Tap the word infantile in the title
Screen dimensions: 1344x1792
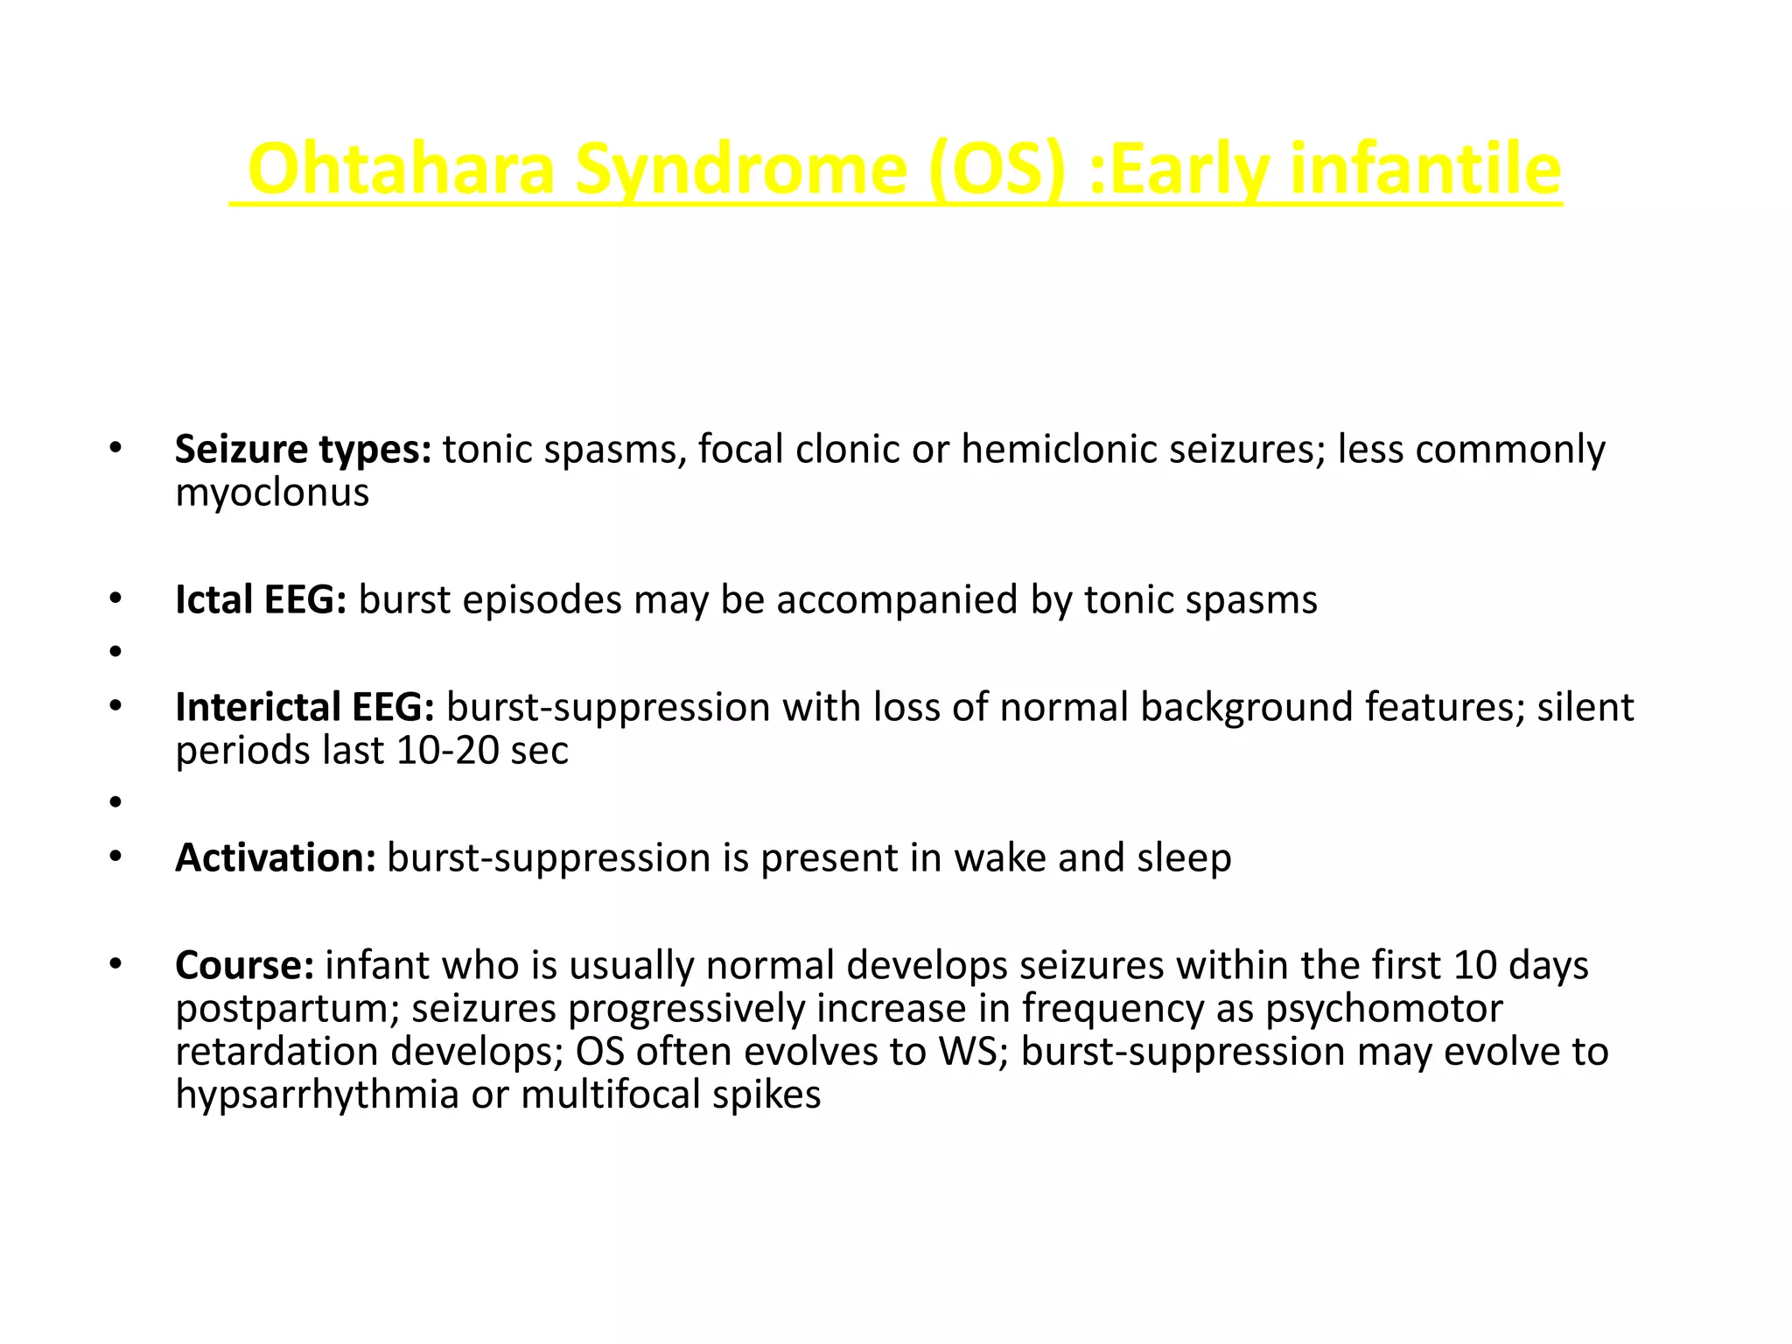(x=1425, y=169)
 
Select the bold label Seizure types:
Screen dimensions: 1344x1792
(x=303, y=450)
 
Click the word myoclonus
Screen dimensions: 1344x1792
(x=272, y=493)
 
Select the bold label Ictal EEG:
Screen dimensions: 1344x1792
(x=261, y=600)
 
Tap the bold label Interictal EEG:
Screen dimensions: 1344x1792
(x=304, y=707)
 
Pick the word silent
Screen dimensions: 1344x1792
(x=1585, y=707)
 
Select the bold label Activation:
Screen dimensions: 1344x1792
(x=276, y=858)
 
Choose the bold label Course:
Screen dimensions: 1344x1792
(x=244, y=965)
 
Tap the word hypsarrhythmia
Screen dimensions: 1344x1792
(x=317, y=1095)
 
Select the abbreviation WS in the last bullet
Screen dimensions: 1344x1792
(x=968, y=1052)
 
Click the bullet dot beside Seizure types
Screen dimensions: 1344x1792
(x=115, y=449)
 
